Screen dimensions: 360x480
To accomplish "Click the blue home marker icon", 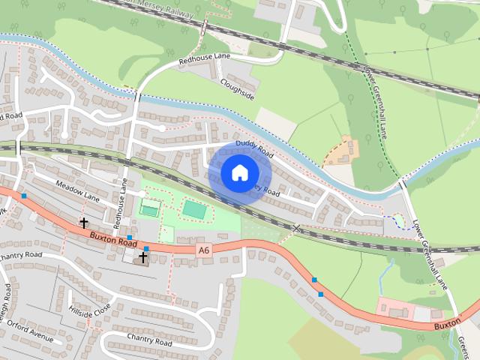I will tap(238, 172).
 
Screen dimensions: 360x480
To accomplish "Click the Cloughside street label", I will tap(237, 91).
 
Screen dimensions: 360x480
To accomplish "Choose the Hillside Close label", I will tap(89, 307).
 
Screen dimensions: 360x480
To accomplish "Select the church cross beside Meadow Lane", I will tap(84, 223).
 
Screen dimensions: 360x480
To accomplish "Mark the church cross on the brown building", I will tap(142, 256).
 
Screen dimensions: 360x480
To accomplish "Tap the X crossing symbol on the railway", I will tap(297, 227).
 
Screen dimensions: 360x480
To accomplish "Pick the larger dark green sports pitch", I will tap(194, 209).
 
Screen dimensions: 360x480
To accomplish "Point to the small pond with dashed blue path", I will tap(397, 221).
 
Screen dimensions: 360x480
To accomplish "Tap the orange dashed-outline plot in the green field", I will tap(342, 152).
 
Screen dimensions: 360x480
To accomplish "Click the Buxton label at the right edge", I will tap(448, 327).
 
